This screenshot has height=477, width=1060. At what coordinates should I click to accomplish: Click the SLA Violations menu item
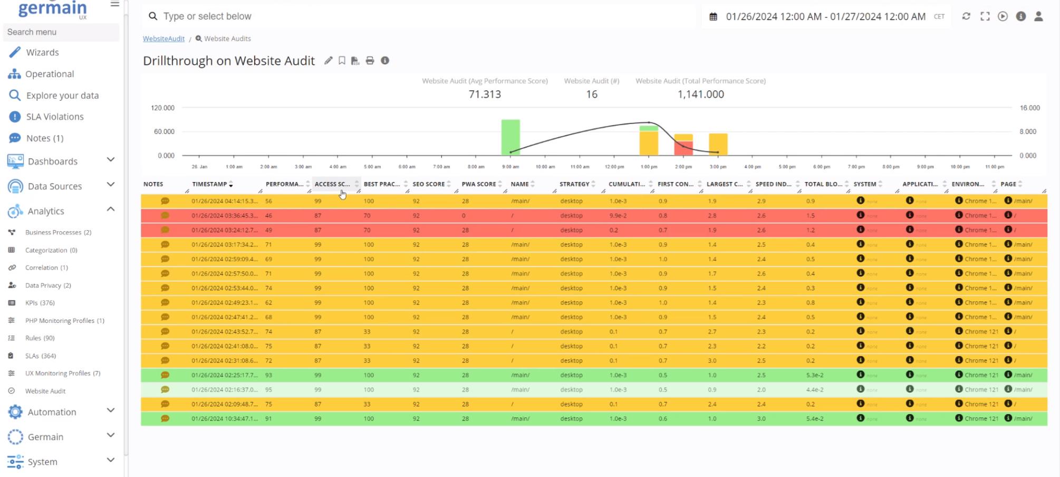54,117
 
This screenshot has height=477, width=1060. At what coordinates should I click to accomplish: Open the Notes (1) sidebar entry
45,138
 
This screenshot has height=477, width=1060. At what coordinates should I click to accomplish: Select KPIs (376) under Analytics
40,303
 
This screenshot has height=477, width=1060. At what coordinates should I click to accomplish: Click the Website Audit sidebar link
45,391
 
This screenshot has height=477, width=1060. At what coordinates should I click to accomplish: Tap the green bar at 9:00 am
510,137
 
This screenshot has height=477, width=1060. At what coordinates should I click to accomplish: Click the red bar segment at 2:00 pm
683,148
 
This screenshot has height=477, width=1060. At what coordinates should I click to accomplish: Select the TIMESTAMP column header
209,184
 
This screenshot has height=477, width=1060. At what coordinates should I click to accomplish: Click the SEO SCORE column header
428,184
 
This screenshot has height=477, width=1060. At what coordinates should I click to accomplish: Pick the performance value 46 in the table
269,216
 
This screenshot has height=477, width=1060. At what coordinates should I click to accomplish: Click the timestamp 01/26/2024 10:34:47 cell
225,419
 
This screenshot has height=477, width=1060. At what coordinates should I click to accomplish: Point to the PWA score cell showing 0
464,216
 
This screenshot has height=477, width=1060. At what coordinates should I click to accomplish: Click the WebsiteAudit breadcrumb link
163,39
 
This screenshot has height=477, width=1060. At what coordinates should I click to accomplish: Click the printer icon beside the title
370,61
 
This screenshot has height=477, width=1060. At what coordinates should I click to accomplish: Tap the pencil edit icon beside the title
328,61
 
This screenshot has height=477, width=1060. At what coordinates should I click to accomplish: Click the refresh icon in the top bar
966,16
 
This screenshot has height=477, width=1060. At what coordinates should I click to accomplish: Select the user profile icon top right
1038,16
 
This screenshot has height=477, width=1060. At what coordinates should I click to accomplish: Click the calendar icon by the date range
713,17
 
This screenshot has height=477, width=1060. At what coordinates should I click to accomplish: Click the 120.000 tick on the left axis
162,108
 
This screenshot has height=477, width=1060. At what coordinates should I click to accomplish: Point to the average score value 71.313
485,94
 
